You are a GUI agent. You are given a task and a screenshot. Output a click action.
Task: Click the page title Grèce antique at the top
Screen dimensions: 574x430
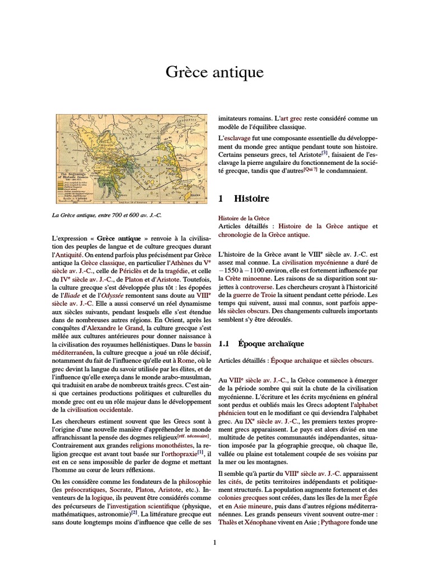[214, 73]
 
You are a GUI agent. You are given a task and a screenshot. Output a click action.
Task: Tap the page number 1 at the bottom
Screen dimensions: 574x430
[214, 542]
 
